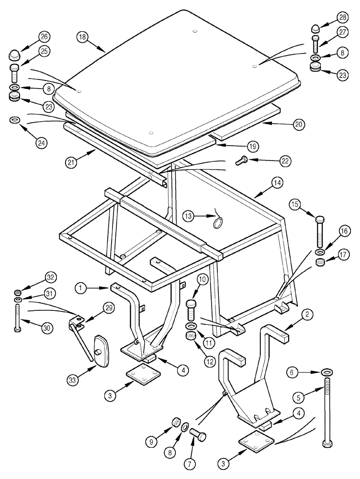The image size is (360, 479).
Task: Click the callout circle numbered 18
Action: [82, 37]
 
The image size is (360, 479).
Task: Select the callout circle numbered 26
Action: [45, 37]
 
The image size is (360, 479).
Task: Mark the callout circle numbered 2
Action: [308, 314]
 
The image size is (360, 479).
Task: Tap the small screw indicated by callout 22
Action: [241, 162]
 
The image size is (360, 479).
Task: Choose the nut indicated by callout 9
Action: [176, 423]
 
